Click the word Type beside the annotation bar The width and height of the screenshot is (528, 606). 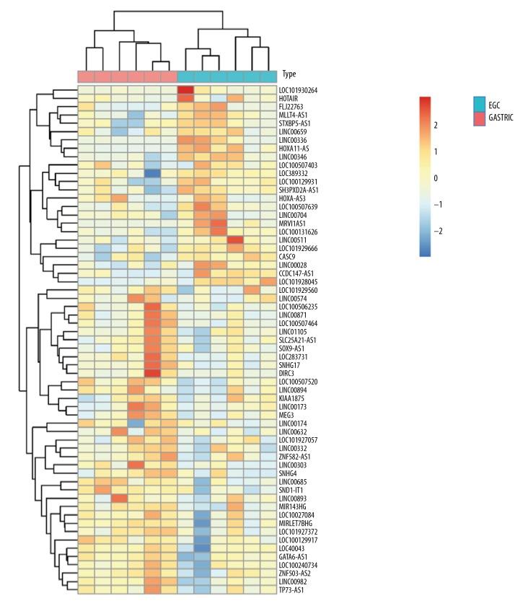click(x=289, y=74)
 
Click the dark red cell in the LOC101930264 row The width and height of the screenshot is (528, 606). click(x=185, y=90)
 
